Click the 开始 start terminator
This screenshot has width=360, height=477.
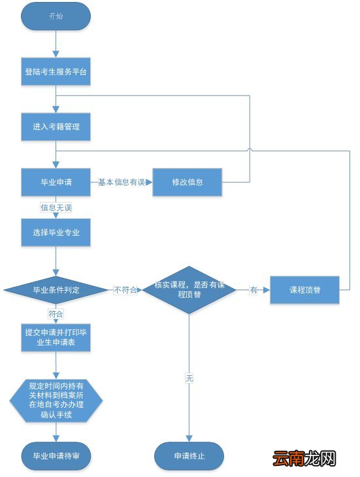(56, 16)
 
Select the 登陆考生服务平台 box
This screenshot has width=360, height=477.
(56, 73)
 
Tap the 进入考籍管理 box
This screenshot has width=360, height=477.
(56, 127)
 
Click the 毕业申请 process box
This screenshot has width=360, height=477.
(56, 182)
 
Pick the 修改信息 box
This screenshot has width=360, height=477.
(188, 182)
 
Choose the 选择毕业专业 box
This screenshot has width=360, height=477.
(56, 233)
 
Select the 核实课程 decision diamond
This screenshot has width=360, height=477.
(189, 289)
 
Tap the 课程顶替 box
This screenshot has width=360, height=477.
(304, 289)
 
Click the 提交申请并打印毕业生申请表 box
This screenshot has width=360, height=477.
(56, 337)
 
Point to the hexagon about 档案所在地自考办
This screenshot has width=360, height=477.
(56, 399)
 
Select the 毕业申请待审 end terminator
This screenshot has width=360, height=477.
(56, 455)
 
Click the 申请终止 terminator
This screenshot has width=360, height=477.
(189, 455)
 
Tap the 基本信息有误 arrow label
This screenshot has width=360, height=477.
(122, 182)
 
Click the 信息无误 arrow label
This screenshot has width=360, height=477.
(56, 208)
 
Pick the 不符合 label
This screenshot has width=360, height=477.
(125, 289)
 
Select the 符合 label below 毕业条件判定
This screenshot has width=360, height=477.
(56, 314)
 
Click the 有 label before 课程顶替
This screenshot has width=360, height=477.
(253, 289)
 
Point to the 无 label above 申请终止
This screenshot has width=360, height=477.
(189, 378)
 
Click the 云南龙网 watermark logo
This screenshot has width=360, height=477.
(304, 459)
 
